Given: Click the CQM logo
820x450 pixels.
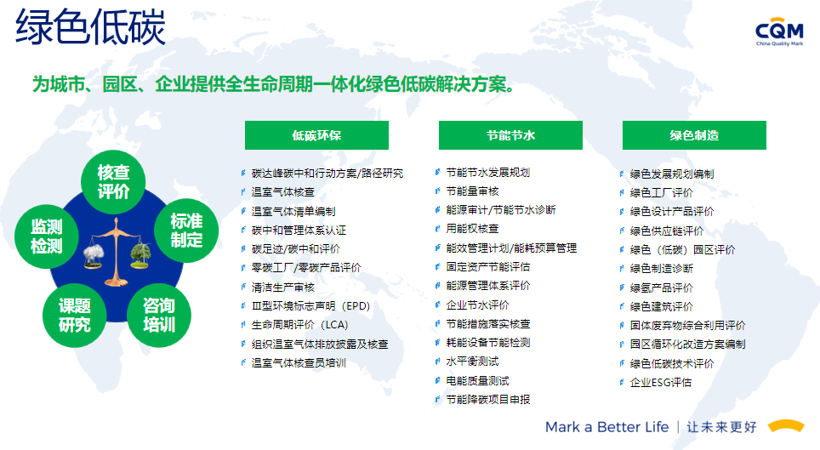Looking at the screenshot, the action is point(779,33).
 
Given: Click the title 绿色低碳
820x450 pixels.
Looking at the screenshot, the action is point(90,26).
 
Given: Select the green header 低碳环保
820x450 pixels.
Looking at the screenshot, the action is point(316,135).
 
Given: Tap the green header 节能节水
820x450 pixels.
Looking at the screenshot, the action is point(510,135).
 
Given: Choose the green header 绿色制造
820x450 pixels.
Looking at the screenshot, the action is point(694,135).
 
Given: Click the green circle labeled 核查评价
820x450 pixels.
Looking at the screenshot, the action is point(113,182).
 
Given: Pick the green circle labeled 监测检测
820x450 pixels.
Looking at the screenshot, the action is point(47,236).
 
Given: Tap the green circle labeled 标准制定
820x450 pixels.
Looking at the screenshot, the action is point(186,231).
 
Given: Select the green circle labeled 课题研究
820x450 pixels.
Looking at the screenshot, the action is point(75,316).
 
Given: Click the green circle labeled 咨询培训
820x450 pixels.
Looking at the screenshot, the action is point(159,316).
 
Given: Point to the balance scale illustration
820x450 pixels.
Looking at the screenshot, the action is point(117,252).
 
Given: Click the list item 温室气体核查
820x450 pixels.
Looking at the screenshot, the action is point(283,192).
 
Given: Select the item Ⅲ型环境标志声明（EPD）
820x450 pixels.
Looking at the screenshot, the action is point(310,306).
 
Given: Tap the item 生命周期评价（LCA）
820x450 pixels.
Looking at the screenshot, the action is point(299,325).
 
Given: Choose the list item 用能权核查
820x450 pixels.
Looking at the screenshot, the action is point(472,229).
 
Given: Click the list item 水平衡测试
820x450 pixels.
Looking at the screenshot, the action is point(472,362).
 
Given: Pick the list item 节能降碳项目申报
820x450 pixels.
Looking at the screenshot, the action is point(488,400).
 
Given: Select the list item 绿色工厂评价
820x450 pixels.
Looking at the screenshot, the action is point(662,193).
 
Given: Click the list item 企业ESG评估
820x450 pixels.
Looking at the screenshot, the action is point(660,383).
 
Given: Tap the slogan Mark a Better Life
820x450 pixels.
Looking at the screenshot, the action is point(607,427).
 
